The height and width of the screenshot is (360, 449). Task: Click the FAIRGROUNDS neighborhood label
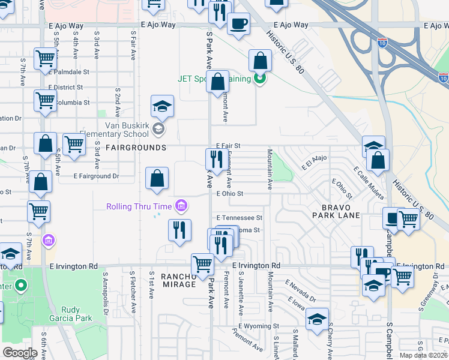point(136,148)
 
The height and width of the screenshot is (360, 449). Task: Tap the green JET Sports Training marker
point(259,79)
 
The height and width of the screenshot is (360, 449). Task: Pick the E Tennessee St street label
point(240,217)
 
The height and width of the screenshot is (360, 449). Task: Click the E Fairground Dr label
point(96,176)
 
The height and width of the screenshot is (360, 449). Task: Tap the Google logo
point(20,353)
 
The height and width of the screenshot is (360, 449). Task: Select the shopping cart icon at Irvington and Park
point(203,263)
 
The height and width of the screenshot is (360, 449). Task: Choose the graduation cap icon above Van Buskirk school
point(161,107)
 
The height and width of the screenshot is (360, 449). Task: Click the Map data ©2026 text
point(424,355)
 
